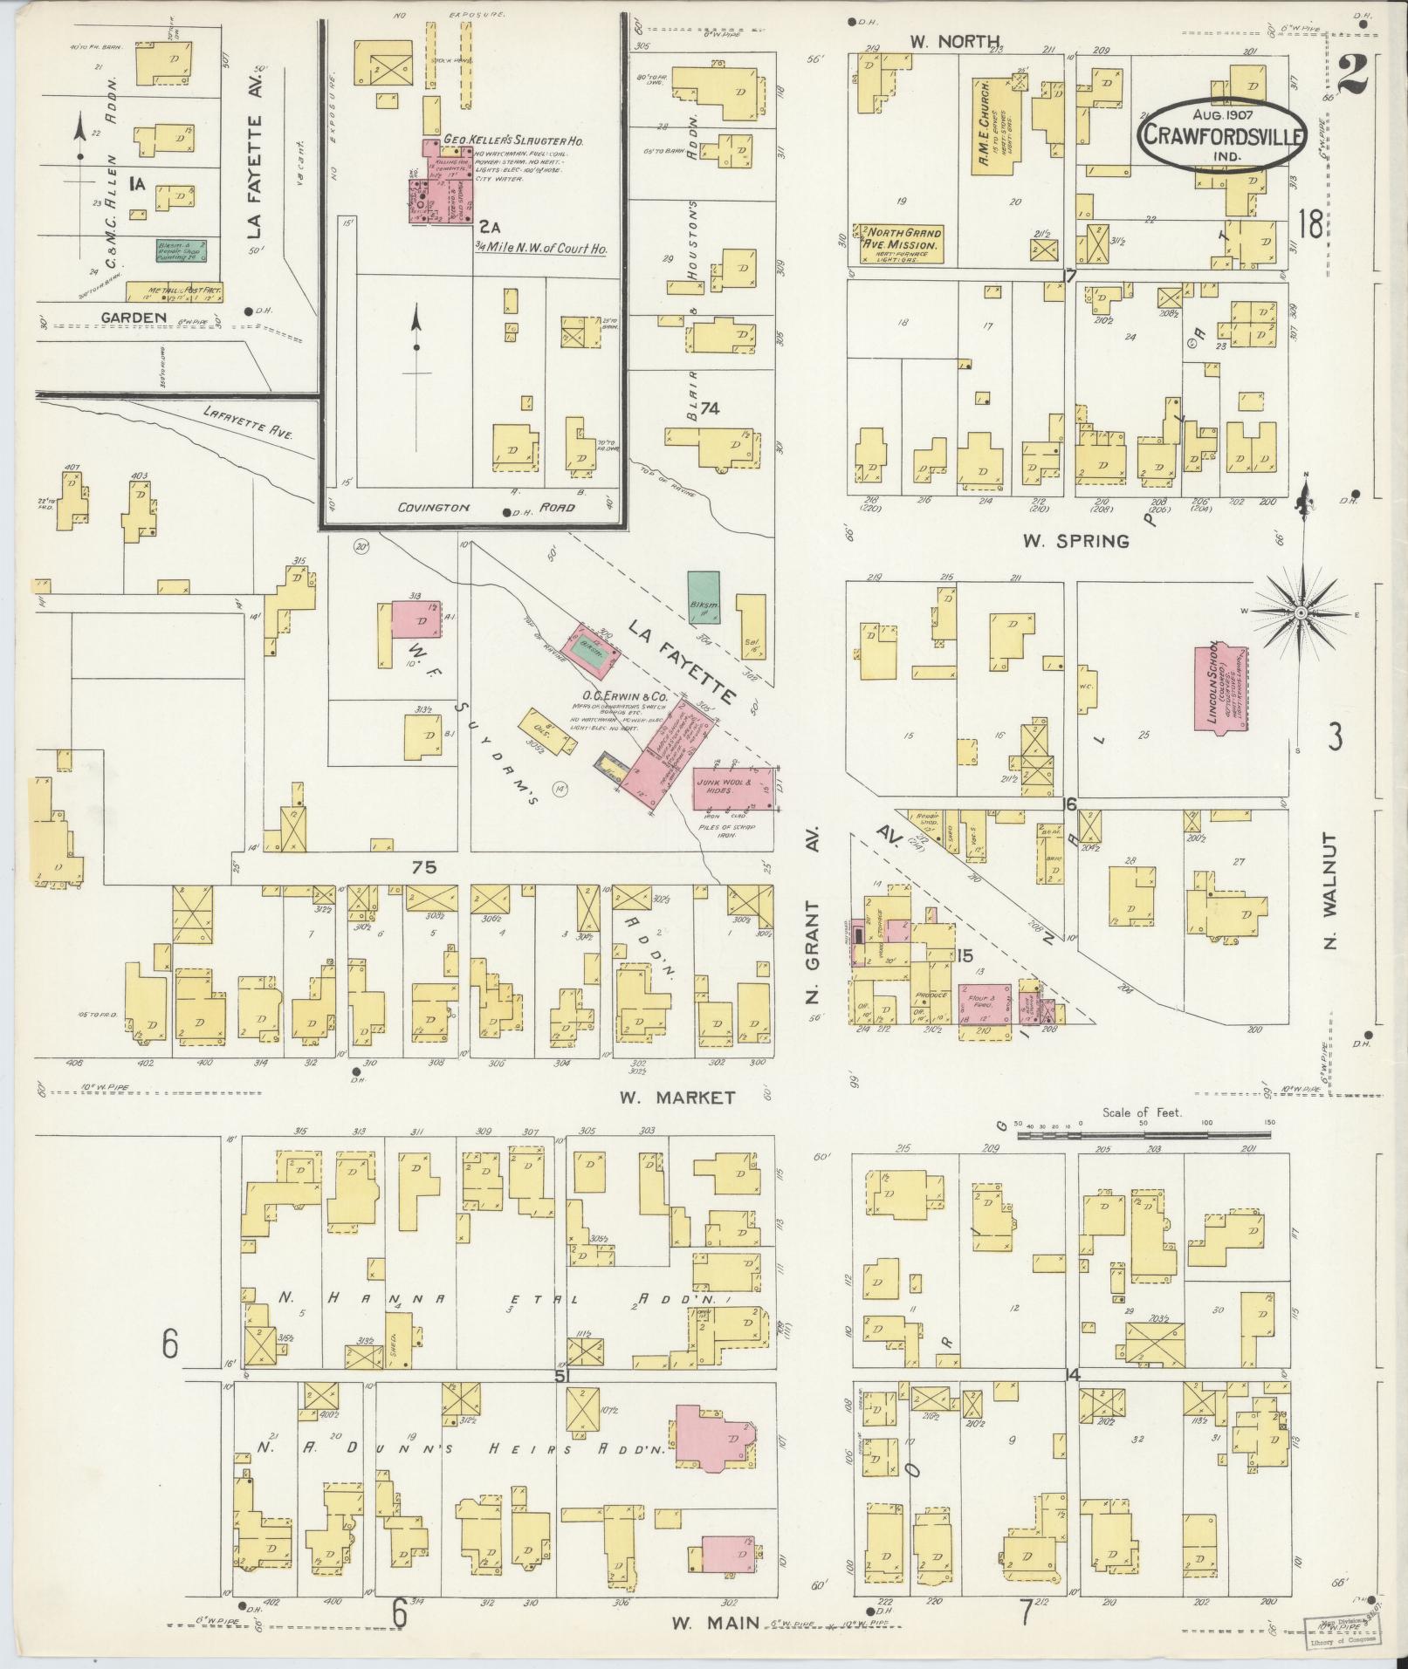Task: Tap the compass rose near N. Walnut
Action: point(1300,613)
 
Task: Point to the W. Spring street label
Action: point(1075,541)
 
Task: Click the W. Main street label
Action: point(706,1623)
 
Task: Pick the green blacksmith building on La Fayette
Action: point(704,598)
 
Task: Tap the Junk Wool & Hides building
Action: point(732,790)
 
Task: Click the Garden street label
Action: point(134,318)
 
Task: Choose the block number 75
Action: point(423,867)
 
